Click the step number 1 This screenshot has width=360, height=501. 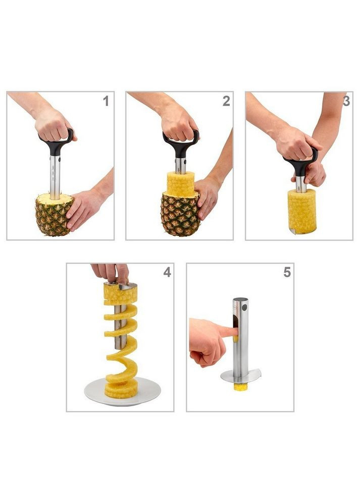(x=106, y=101)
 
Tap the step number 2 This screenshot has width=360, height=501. (x=226, y=101)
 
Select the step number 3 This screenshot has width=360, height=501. (x=346, y=101)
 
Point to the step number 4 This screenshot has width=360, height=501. (x=167, y=272)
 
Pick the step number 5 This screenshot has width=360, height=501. (x=287, y=272)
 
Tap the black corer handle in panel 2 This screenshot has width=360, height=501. (x=181, y=144)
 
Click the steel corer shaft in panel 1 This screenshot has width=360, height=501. (x=55, y=177)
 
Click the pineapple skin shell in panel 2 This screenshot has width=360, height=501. (x=180, y=214)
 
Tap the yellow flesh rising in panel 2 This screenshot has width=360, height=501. (x=181, y=184)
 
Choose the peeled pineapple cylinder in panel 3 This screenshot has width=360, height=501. (x=302, y=212)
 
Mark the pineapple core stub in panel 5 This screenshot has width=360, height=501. (x=239, y=387)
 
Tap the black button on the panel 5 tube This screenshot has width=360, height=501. (x=245, y=308)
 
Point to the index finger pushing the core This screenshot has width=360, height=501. (x=227, y=332)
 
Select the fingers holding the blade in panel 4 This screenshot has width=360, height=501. (x=110, y=273)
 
